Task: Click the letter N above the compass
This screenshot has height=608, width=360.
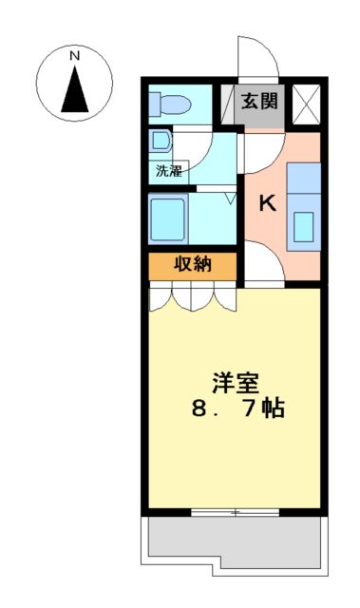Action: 74,56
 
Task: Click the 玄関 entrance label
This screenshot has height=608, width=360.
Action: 259,100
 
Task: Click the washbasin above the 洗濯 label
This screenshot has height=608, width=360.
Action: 160,143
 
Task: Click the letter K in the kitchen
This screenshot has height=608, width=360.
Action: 268,202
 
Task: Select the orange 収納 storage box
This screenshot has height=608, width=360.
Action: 192,265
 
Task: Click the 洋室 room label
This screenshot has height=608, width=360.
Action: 236,383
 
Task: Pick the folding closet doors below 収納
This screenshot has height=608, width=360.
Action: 192,296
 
